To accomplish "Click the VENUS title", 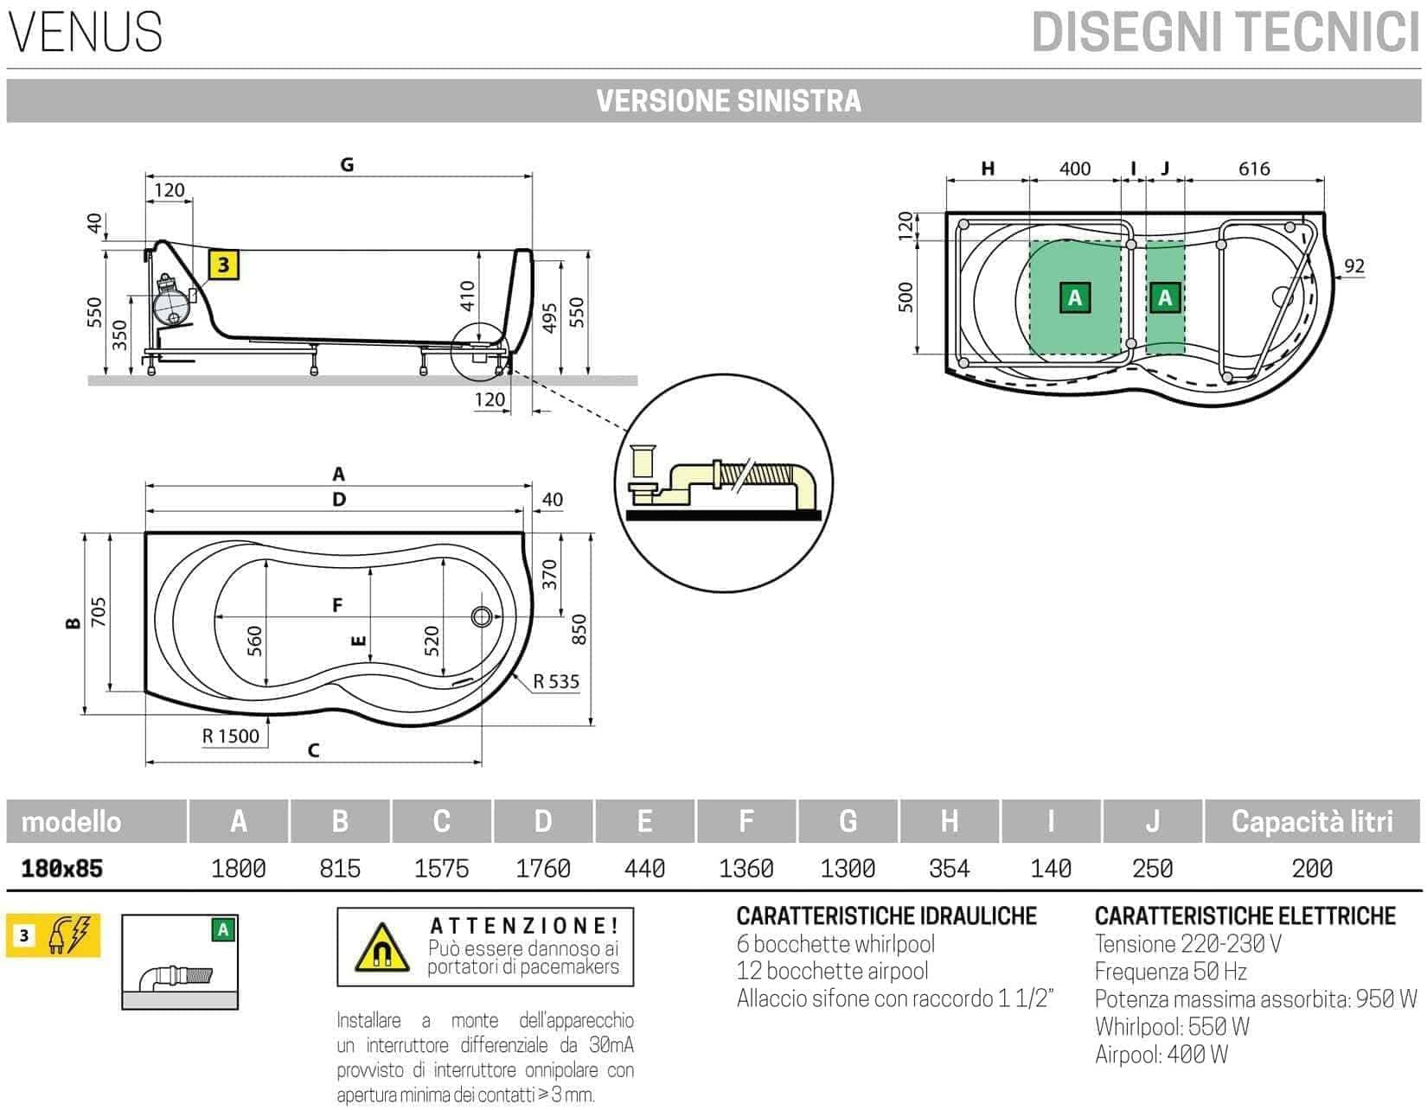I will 86,33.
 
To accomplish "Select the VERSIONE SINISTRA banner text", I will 728,101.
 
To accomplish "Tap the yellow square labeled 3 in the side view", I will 223,265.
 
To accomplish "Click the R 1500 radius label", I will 231,736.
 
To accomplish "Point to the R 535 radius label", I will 556,681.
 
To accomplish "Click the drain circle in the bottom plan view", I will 482,616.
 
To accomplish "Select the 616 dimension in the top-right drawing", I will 1253,169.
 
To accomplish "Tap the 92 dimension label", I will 1353,266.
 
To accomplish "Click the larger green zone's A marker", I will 1075,297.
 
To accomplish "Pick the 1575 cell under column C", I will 441,868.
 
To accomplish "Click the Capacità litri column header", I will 1311,821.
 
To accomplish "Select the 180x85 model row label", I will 61,868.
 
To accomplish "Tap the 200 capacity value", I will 1311,868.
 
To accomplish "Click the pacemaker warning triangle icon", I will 381,948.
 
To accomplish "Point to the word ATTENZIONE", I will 524,926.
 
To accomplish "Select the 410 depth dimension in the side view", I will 467,297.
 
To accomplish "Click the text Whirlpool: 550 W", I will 1172,1027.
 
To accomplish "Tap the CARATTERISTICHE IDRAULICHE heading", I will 886,915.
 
